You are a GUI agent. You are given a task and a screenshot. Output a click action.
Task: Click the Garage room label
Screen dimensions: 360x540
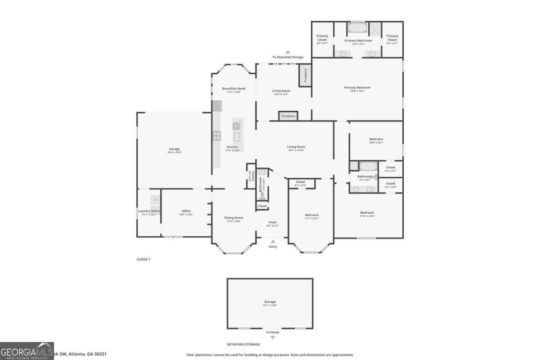(175, 149)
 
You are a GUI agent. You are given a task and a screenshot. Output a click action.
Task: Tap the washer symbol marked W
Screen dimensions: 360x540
(155, 199)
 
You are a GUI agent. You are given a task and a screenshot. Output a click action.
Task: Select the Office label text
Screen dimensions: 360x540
(186, 211)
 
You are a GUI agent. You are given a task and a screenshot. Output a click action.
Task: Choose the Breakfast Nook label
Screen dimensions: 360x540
(234, 89)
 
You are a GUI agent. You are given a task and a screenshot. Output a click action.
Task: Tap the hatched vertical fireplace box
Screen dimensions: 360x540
(305, 75)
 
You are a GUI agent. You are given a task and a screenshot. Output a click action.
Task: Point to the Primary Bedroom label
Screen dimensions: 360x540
(357, 87)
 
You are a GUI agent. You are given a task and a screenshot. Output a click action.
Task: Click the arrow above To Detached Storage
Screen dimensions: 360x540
(288, 52)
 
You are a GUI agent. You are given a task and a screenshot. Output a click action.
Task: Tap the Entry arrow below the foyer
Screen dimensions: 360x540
(273, 242)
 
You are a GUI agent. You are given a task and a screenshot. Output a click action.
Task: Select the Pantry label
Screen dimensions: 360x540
(253, 175)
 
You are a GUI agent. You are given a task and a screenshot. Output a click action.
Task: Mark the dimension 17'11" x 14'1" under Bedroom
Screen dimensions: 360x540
(367, 216)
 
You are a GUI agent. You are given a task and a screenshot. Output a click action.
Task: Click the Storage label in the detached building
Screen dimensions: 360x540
(270, 302)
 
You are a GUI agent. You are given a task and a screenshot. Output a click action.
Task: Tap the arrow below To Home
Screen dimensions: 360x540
(272, 337)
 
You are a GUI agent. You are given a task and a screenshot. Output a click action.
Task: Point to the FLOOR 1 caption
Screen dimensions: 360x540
(143, 259)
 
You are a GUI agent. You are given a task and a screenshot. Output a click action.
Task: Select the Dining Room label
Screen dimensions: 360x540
(234, 218)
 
